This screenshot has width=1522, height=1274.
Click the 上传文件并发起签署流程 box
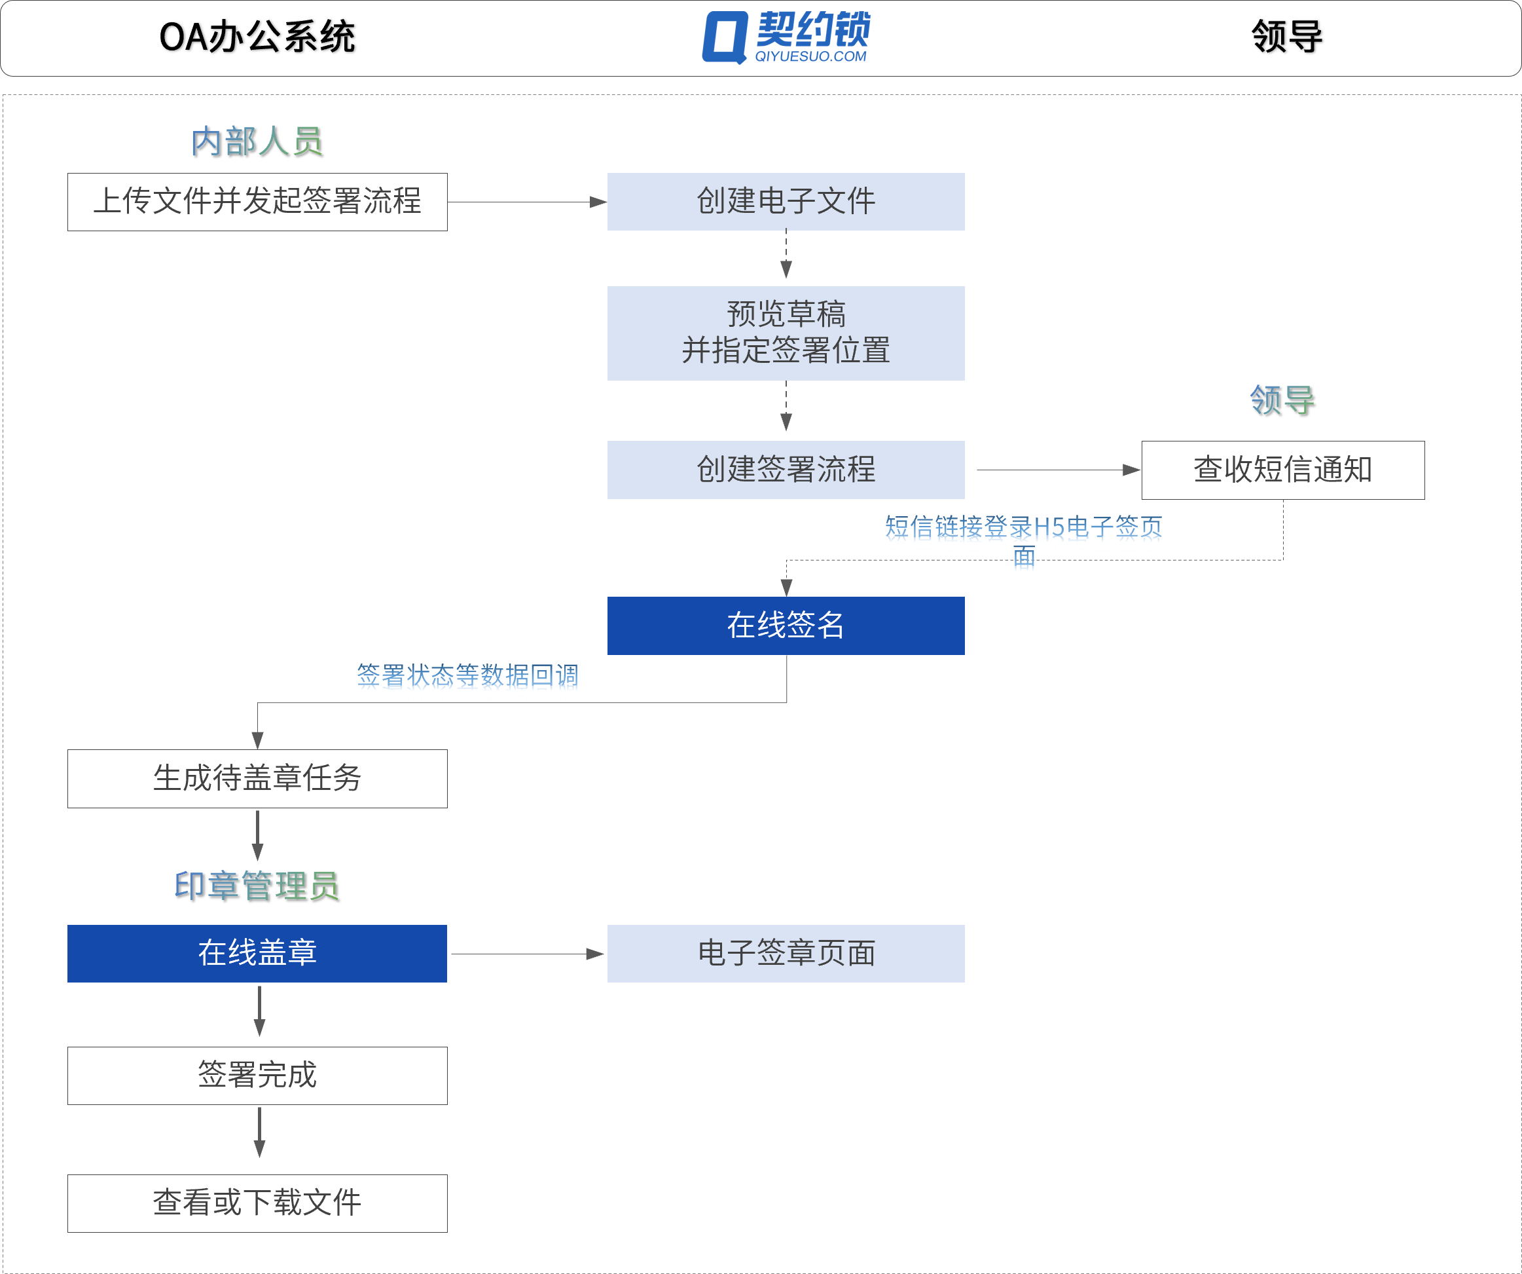(257, 202)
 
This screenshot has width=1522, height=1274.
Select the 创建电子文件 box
(786, 202)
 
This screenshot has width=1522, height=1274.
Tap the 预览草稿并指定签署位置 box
(786, 333)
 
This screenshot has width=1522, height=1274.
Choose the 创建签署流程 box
(786, 469)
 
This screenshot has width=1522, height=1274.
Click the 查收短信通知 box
(1282, 470)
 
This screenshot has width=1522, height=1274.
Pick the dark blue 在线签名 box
(786, 625)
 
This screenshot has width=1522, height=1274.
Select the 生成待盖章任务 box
(257, 778)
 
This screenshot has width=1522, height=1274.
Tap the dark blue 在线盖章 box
(257, 953)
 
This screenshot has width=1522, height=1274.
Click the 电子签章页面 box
(786, 953)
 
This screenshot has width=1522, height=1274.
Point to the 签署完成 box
(257, 1076)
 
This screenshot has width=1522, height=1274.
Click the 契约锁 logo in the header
(786, 36)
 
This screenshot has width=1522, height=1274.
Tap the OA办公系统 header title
(257, 37)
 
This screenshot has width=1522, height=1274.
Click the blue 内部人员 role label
(257, 141)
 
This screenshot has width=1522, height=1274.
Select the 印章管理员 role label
(257, 886)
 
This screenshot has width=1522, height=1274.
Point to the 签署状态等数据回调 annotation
(467, 675)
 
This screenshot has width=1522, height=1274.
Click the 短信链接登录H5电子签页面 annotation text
(1023, 527)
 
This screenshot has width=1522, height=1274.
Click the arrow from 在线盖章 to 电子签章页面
(527, 954)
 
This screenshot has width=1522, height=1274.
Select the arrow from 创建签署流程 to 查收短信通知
(1058, 470)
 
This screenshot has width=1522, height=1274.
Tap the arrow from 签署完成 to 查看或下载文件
(259, 1132)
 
